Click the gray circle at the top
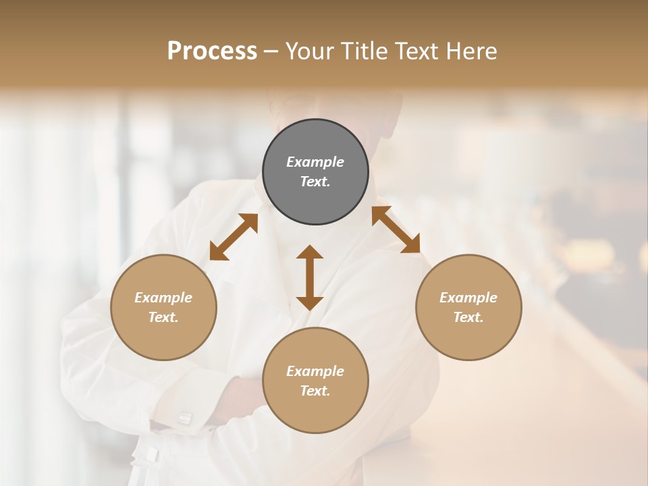(x=315, y=172)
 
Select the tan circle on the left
(x=163, y=307)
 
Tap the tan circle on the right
(x=468, y=307)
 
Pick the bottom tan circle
(x=315, y=381)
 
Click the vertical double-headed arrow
(x=310, y=277)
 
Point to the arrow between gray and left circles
(x=234, y=237)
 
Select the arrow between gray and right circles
(x=396, y=230)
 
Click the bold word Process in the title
(x=212, y=51)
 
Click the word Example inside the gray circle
(x=315, y=162)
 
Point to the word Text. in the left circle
(x=163, y=317)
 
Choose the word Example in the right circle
(x=468, y=298)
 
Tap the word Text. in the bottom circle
(x=315, y=391)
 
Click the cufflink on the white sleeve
(x=184, y=418)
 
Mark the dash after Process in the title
(x=271, y=51)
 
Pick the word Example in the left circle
(x=163, y=298)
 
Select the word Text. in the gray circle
(x=315, y=182)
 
